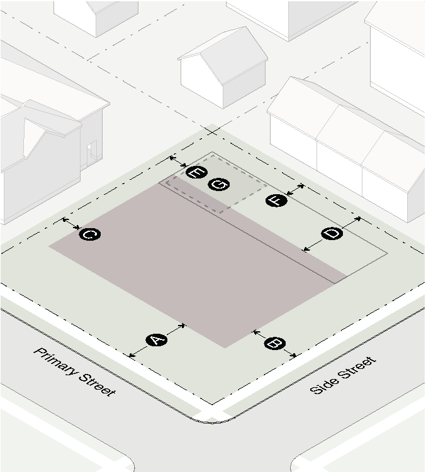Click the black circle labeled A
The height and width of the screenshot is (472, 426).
click(x=156, y=341)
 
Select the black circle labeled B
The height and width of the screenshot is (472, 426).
click(x=274, y=343)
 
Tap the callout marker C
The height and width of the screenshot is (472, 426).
click(x=89, y=234)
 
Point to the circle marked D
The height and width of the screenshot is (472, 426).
click(x=332, y=234)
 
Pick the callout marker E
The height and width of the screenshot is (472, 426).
click(x=196, y=172)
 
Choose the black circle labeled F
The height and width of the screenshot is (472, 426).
click(x=276, y=200)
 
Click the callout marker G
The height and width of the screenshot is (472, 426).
click(x=219, y=184)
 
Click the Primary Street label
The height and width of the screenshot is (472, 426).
click(x=74, y=372)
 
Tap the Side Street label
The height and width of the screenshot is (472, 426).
click(x=344, y=375)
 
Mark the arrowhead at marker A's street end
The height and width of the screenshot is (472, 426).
click(x=132, y=356)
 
